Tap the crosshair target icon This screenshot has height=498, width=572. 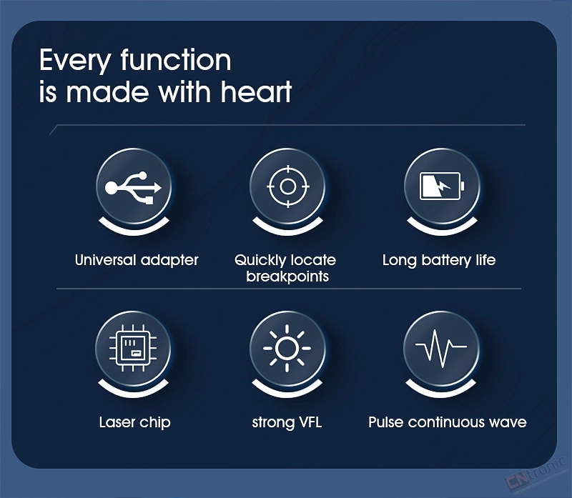click(x=288, y=186)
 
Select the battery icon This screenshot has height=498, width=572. click(x=442, y=186)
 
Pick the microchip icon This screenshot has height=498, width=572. click(x=133, y=348)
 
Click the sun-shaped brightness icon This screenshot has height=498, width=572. click(x=287, y=348)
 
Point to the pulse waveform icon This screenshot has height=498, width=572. click(x=441, y=348)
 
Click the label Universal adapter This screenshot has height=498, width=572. click(x=137, y=260)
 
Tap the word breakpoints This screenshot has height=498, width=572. click(x=287, y=277)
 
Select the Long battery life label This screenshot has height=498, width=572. click(x=439, y=260)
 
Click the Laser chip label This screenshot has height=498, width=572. click(x=134, y=422)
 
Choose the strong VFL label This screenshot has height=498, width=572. click(x=287, y=422)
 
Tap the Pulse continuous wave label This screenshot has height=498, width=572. click(x=448, y=422)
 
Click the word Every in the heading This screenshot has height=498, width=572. click(x=75, y=61)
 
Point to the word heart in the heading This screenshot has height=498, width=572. click(x=256, y=91)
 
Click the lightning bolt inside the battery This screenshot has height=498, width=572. click(x=442, y=186)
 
